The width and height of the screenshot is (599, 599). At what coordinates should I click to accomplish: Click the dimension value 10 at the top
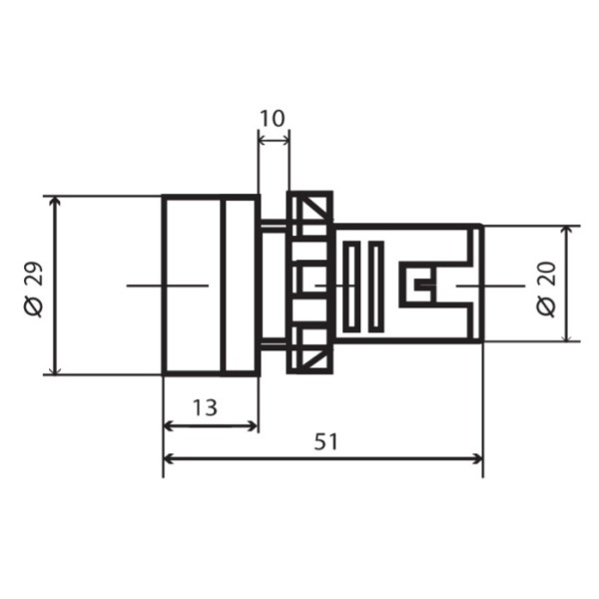273,119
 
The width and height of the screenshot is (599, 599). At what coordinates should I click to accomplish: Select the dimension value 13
205,407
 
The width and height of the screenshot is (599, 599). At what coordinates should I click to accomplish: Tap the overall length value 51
325,442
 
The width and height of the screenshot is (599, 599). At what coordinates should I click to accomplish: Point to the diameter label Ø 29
34,290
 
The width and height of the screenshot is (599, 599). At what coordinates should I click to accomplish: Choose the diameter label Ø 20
546,289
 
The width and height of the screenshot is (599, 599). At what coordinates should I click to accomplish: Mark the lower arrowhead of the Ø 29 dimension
56,369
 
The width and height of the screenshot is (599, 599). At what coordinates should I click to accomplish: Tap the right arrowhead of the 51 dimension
478,459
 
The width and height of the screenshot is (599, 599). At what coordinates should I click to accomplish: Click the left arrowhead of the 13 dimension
169,426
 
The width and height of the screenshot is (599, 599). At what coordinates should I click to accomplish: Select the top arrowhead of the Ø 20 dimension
568,231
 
